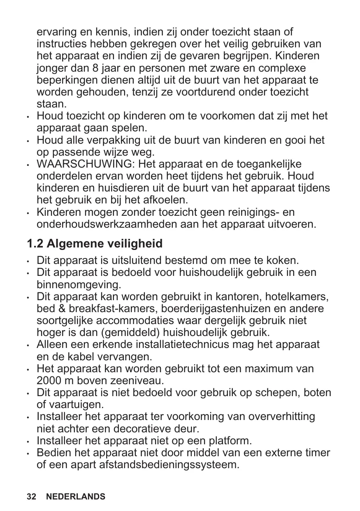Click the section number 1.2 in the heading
[35, 244]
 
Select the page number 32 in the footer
[31, 497]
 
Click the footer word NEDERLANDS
[76, 497]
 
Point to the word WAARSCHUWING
[85, 165]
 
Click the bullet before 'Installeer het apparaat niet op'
[27, 441]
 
